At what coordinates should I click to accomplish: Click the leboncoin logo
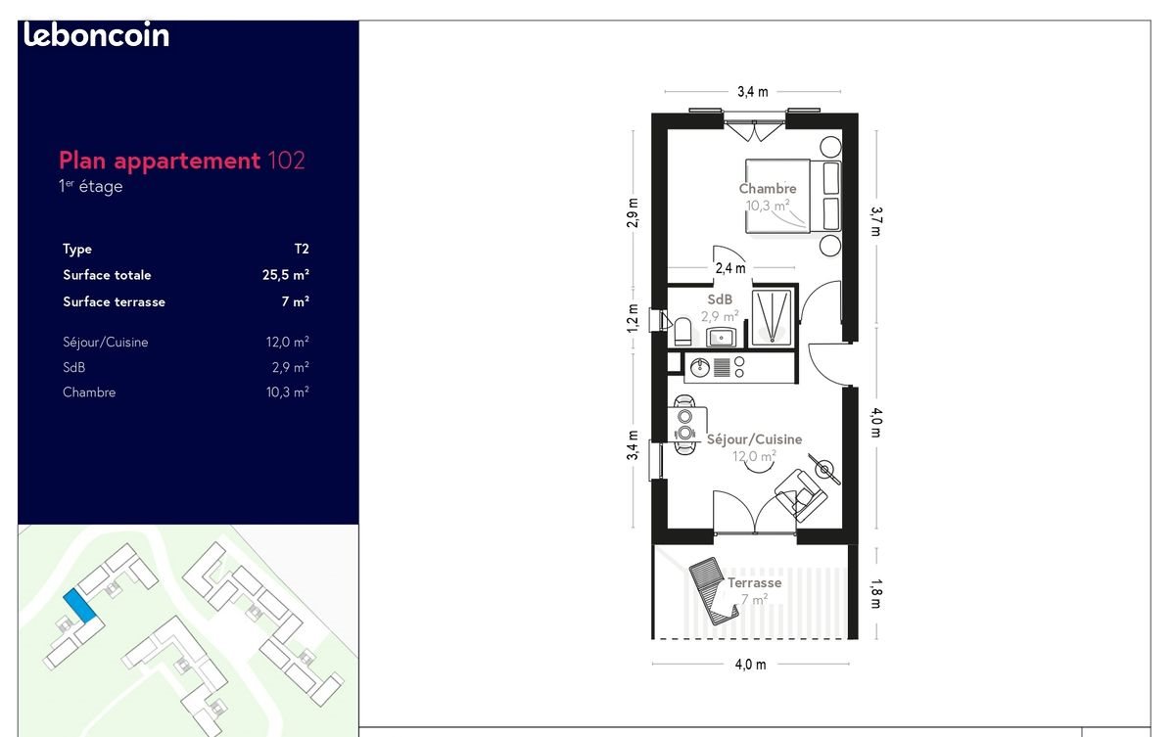coord(96,36)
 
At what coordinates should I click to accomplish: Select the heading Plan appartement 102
coord(182,161)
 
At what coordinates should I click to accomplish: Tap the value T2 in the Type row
coord(300,250)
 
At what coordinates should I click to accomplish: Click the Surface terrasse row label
coord(114,301)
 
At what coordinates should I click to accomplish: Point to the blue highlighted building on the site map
coord(80,606)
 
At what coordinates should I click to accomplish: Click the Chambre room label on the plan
coord(768,188)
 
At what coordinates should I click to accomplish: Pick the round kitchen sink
coord(700,368)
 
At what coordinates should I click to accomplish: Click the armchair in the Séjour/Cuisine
coord(801,488)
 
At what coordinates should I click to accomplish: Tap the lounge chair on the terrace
coord(712,588)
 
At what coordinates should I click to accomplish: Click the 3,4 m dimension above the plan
coord(752,92)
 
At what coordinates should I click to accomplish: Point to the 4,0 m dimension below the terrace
coord(750,665)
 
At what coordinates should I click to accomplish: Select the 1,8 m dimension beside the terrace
coord(876,591)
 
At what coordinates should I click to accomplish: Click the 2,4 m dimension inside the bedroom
coord(730,268)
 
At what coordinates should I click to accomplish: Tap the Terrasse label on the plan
coord(754,582)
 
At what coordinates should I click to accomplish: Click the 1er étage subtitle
coord(91,186)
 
